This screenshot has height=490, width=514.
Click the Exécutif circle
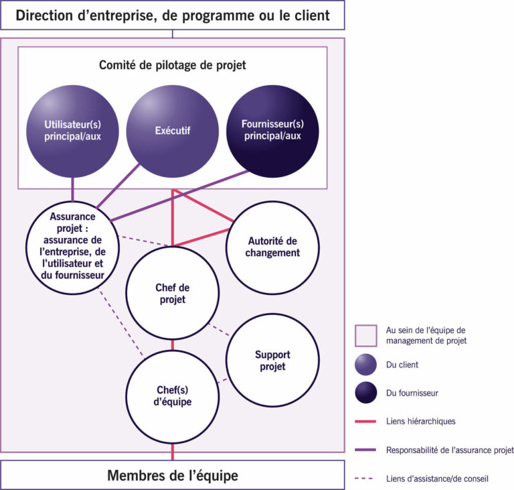(x=173, y=131)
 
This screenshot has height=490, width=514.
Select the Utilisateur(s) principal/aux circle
(x=72, y=131)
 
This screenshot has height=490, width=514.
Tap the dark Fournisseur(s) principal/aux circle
(x=272, y=131)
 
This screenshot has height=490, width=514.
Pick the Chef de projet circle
(x=173, y=293)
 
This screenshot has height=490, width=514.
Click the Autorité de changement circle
(x=272, y=247)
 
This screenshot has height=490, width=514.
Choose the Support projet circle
(x=272, y=360)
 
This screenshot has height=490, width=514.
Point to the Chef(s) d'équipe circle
(x=173, y=397)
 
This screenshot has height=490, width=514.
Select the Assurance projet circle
(x=72, y=247)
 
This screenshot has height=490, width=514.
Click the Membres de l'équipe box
(x=173, y=475)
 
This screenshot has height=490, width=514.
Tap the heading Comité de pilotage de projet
(x=173, y=65)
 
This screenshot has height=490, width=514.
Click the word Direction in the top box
(x=44, y=15)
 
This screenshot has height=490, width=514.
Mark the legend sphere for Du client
(x=365, y=365)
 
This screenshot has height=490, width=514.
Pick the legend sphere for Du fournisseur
(x=365, y=392)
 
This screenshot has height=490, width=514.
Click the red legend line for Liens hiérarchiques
(x=365, y=421)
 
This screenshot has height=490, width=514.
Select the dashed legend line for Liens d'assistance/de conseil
(x=364, y=478)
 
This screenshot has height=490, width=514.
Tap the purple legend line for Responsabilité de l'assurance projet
(x=365, y=450)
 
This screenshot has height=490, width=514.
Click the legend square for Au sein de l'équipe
(x=365, y=336)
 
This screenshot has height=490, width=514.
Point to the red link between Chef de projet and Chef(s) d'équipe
(x=173, y=345)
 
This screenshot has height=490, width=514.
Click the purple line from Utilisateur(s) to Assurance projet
(x=72, y=190)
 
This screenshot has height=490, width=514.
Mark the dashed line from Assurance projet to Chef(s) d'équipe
(x=120, y=322)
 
